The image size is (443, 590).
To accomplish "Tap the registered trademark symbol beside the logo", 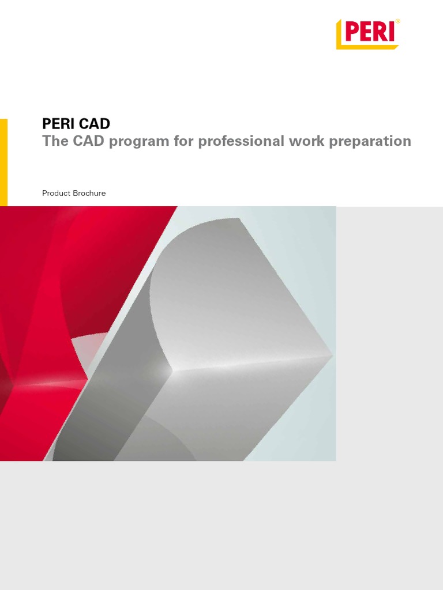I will pyautogui.click(x=397, y=22).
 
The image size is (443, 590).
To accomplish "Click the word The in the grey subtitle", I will pyautogui.click(x=55, y=142).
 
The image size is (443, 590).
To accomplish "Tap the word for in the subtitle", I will pyautogui.click(x=184, y=142).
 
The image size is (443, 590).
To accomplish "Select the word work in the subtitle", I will pyautogui.click(x=306, y=142).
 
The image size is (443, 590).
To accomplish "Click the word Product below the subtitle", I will pyautogui.click(x=56, y=194).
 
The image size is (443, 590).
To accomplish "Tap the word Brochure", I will pyautogui.click(x=89, y=194).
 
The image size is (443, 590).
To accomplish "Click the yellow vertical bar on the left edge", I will pyautogui.click(x=3, y=162).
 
